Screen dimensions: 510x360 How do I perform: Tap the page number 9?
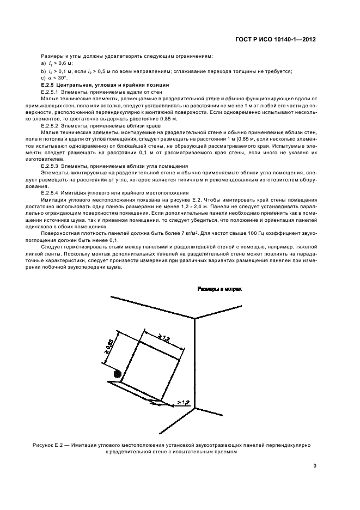315,466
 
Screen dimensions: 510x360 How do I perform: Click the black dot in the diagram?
117,374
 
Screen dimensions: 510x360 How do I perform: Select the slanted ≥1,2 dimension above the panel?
163,338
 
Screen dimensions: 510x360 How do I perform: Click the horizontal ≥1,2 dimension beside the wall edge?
182,403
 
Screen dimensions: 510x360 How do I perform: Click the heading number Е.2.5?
50,85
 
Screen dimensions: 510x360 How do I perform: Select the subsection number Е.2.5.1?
52,92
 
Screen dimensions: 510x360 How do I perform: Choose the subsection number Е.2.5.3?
52,166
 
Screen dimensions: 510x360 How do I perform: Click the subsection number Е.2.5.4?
52,193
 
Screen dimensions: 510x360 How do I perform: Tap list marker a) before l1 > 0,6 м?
43,64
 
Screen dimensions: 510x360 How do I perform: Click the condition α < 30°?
58,78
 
